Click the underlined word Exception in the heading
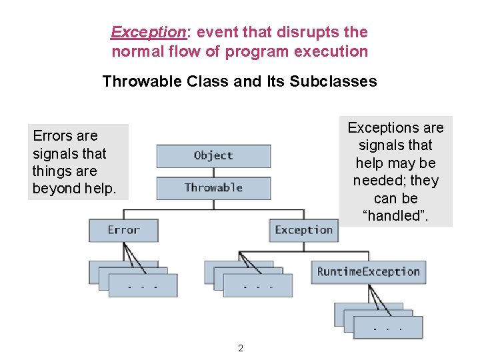(x=147, y=32)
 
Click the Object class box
(x=213, y=156)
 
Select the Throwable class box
(x=213, y=188)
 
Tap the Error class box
(x=123, y=230)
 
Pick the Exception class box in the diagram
(x=303, y=230)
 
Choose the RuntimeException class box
(x=368, y=271)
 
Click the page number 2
(x=241, y=348)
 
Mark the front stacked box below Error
(x=143, y=285)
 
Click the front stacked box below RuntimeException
(x=387, y=327)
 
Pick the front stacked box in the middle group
(x=257, y=285)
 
